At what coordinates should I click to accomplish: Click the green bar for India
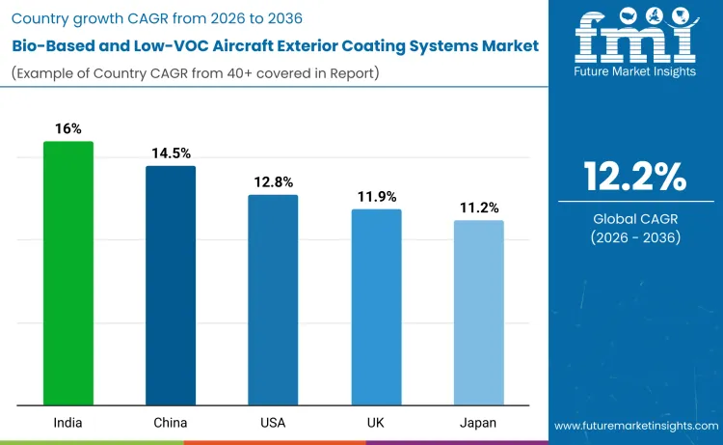coord(68,273)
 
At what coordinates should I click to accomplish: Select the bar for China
coord(171,286)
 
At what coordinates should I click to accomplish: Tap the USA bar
coord(273,300)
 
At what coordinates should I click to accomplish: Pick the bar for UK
coord(376,307)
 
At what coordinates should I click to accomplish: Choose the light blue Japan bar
coord(478,313)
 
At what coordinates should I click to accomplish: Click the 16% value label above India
coord(68,128)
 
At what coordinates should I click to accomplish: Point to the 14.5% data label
coord(171,153)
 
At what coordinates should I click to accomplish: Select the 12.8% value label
coord(273,181)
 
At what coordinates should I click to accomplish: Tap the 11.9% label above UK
coord(376,196)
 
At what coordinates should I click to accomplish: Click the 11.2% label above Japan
coord(478,208)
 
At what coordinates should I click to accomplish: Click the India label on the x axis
coord(68,423)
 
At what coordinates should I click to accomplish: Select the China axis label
coord(171,423)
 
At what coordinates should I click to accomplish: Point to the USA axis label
coord(273,423)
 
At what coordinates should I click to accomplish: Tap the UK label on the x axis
coord(376,423)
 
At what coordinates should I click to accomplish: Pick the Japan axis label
coord(478,423)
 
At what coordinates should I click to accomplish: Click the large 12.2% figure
coord(634,177)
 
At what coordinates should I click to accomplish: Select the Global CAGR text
coord(634,219)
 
